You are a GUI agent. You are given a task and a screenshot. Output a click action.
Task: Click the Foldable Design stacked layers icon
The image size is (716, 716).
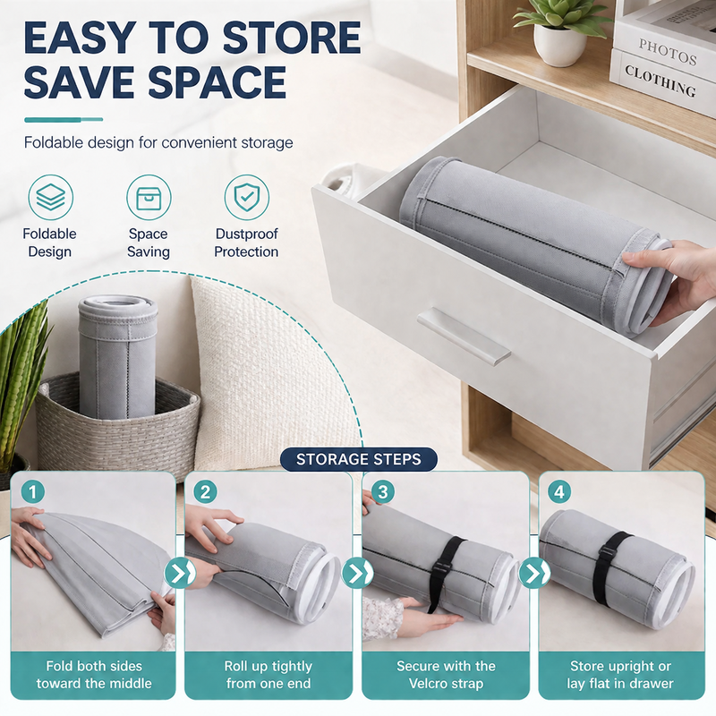50,197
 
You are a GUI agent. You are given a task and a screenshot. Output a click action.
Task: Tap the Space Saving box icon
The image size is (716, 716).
149,197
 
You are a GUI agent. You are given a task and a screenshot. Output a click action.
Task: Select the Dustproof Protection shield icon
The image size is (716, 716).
247,197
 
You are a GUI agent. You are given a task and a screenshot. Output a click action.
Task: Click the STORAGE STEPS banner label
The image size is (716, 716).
359,459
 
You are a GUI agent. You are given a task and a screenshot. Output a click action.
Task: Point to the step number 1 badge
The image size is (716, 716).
32,492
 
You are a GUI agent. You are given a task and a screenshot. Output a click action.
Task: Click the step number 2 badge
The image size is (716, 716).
206,492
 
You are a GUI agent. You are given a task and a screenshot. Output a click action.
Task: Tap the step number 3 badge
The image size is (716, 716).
383,491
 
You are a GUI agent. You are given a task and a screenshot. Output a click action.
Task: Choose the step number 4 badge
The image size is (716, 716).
559,491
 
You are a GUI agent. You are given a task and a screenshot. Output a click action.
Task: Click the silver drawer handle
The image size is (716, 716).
464,333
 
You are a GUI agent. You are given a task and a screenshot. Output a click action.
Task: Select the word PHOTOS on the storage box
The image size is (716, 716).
667,52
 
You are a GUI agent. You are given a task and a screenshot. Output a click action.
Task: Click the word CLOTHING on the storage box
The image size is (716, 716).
661,81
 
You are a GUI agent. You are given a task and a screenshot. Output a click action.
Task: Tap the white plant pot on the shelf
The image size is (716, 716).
560,46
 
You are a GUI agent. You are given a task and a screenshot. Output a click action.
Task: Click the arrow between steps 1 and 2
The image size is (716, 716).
180,573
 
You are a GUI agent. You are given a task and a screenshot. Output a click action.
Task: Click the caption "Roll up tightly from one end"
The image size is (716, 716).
268,675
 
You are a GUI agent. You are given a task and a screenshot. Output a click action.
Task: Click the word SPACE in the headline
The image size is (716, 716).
217,81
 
